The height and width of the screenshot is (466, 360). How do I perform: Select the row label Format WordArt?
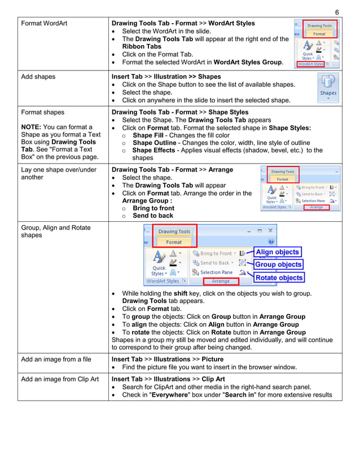(45, 24)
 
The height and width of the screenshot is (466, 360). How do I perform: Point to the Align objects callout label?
(278, 252)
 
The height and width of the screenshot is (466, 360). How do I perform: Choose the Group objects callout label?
(279, 265)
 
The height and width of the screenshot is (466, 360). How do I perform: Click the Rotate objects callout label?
(279, 278)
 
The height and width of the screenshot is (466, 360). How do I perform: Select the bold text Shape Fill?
(148, 135)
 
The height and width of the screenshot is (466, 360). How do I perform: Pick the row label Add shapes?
(38, 77)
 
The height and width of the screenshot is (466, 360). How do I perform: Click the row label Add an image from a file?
(56, 359)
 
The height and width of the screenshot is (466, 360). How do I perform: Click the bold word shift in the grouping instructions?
(181, 293)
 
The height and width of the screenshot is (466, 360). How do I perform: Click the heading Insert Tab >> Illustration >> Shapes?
(166, 76)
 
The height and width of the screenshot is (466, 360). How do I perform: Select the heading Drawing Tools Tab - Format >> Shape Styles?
(180, 112)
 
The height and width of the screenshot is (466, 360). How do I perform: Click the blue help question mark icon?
(271, 241)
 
